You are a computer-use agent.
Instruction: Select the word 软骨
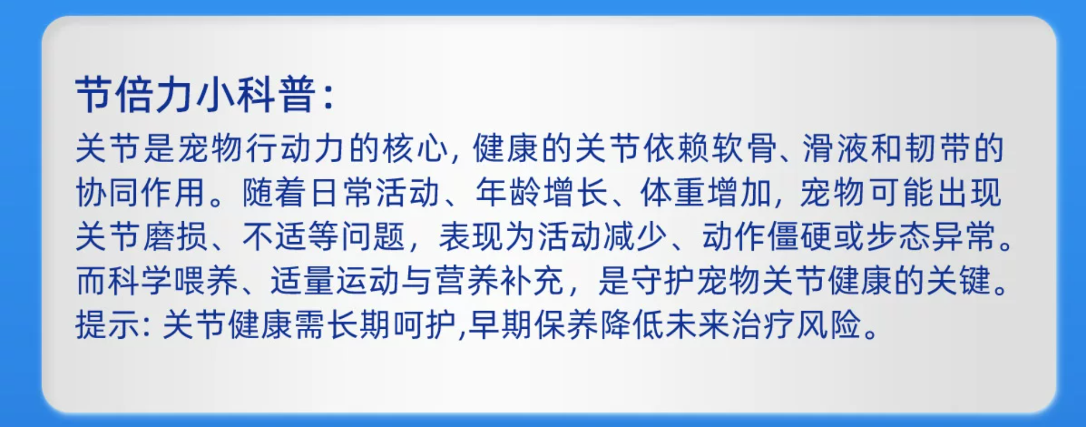click(743, 148)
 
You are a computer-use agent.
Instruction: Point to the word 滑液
click(835, 148)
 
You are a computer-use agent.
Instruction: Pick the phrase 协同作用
click(141, 193)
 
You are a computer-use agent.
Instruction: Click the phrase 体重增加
click(706, 193)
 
